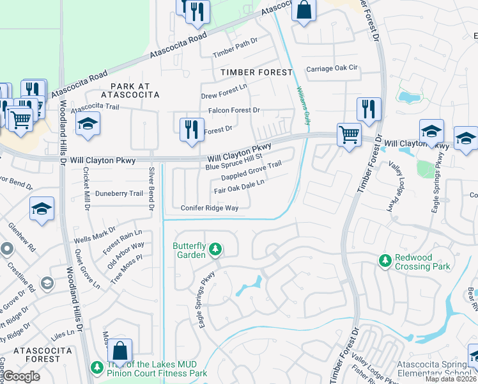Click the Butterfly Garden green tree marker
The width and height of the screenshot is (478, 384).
point(216,248)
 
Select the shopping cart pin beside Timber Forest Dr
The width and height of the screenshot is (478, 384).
point(349,135)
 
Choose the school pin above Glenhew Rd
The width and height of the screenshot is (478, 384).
point(42,209)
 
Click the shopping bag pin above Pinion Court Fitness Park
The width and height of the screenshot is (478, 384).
point(119,351)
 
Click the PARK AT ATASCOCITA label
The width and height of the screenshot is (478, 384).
point(134,90)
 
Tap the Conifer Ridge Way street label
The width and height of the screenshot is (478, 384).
point(209,208)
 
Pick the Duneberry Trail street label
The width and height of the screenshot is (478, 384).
point(119,193)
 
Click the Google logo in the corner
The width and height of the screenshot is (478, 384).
point(22,376)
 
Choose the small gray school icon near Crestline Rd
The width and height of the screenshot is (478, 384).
point(47,282)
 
